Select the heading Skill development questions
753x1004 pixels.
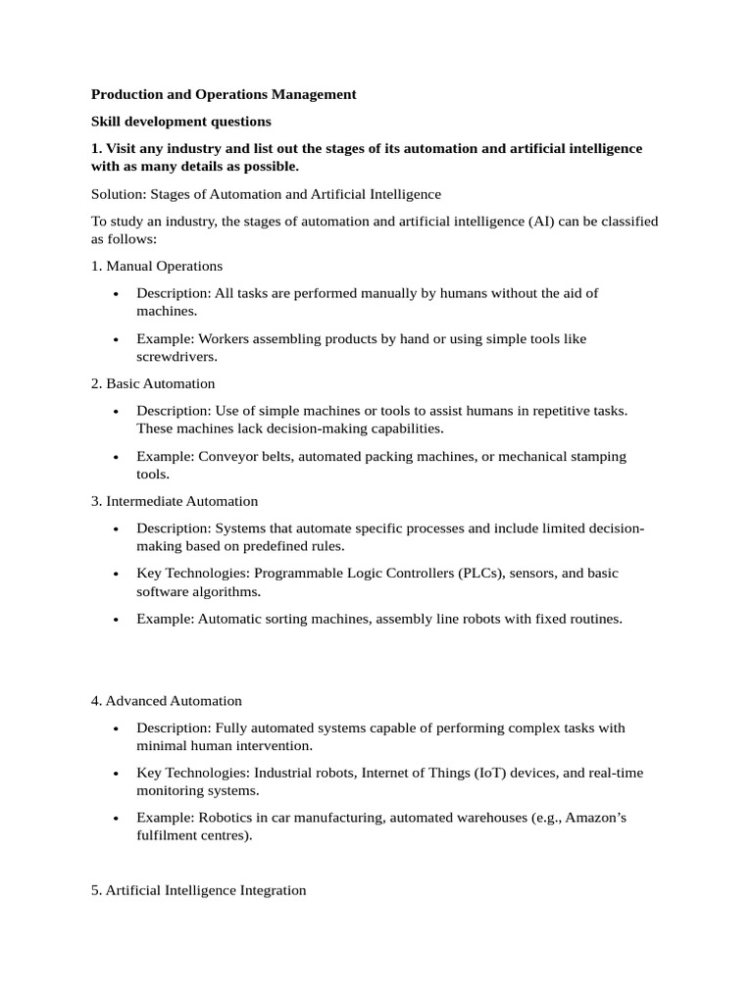coord(180,122)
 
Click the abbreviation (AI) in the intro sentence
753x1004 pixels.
coord(544,222)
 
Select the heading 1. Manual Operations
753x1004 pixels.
coord(157,266)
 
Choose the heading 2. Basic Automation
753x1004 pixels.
coord(153,383)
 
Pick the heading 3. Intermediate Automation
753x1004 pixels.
coord(175,501)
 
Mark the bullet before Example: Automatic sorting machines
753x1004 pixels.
coord(116,620)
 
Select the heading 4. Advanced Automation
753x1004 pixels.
coord(167,701)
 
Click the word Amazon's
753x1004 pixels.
coord(592,818)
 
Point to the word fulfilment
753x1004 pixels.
coord(168,836)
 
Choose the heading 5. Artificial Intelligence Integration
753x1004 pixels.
coord(199,890)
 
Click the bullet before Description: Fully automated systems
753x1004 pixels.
coord(116,728)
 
